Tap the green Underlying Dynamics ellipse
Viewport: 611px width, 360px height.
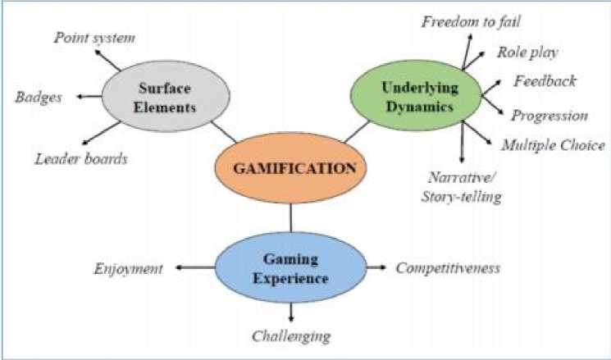(x=415, y=97)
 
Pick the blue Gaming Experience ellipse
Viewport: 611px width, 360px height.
(x=290, y=269)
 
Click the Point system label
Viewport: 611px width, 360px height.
(x=94, y=38)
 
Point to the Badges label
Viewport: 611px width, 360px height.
(x=39, y=98)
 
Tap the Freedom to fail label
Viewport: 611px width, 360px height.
(x=470, y=21)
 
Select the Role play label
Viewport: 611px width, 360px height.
(x=528, y=52)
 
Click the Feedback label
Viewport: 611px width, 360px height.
(x=545, y=81)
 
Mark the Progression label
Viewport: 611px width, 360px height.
(x=549, y=116)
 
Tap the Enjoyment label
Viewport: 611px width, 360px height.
(x=129, y=268)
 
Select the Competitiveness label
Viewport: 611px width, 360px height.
(x=449, y=268)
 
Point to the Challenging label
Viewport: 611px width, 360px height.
(x=291, y=335)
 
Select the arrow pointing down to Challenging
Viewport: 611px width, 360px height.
(x=290, y=312)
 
